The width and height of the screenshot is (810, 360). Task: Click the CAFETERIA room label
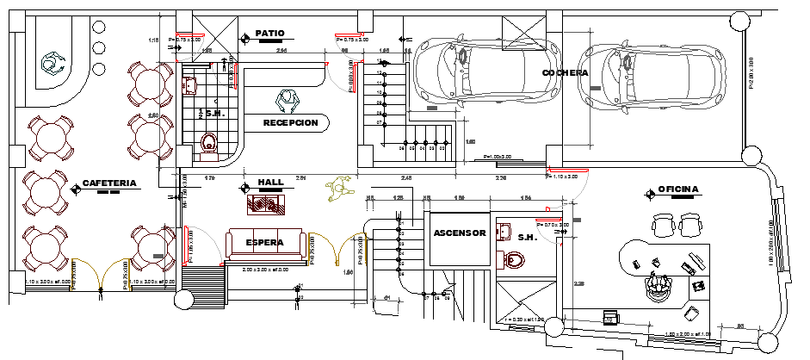point(109,183)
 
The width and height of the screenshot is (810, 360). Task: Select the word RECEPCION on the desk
point(290,123)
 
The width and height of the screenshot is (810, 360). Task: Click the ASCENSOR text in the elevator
point(460,233)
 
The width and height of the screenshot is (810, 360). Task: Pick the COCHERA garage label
point(565,73)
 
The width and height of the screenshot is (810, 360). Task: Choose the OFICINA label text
point(678,189)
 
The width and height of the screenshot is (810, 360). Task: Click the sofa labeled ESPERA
point(265,244)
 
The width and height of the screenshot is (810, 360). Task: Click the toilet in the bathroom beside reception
point(208,143)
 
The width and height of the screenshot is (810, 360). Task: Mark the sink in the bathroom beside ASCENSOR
point(505,231)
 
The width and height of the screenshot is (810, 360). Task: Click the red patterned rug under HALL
point(267,204)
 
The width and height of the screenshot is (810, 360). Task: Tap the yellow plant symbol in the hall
point(337,189)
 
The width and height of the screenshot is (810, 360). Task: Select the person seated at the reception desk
point(285,101)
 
